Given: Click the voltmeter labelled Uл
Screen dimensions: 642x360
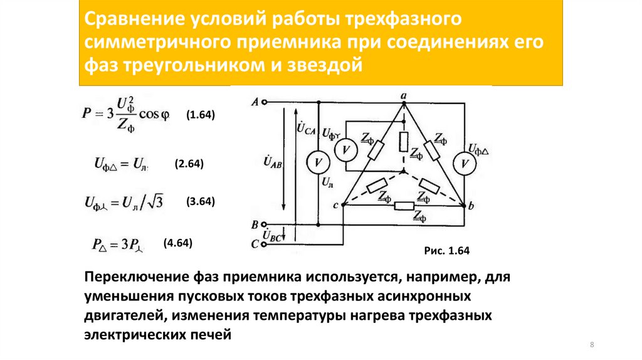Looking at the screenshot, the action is click(x=318, y=162).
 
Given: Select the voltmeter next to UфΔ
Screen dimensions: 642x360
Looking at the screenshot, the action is click(x=465, y=162).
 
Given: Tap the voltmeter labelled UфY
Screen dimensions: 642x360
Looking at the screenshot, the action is click(x=344, y=150).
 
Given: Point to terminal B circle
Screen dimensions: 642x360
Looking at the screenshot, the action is click(x=266, y=225).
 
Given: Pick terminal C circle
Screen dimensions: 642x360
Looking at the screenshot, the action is click(x=266, y=244).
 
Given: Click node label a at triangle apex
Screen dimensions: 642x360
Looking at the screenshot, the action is click(x=404, y=95).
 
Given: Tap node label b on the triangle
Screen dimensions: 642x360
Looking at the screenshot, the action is click(x=471, y=206).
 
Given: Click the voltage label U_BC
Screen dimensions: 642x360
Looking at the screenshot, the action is click(x=274, y=236).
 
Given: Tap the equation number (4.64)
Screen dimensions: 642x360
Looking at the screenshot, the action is click(x=177, y=243).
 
